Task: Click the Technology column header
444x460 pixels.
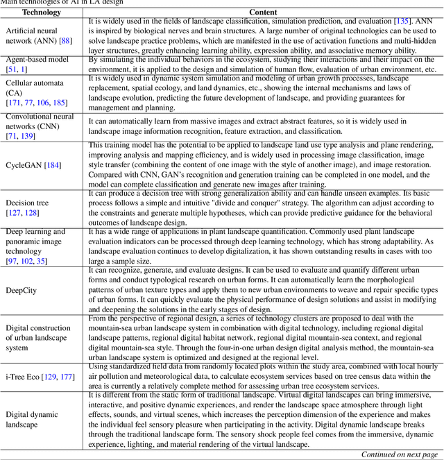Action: (x=41, y=12)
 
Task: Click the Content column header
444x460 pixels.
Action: (x=263, y=12)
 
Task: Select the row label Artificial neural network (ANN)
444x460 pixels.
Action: (x=35, y=36)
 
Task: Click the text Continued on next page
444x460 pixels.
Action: (x=399, y=454)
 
